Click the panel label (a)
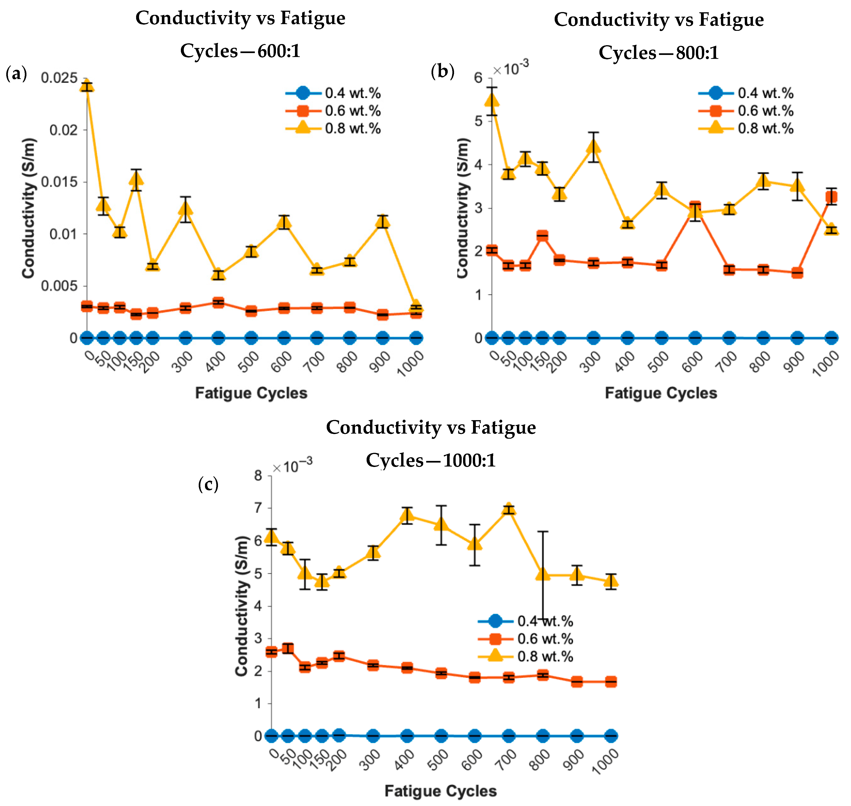coord(16,74)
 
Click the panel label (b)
coord(442,71)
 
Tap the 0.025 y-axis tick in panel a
coord(59,78)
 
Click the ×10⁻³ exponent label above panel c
coord(292,466)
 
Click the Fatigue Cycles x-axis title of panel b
coord(661,393)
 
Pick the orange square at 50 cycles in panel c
coord(288,648)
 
